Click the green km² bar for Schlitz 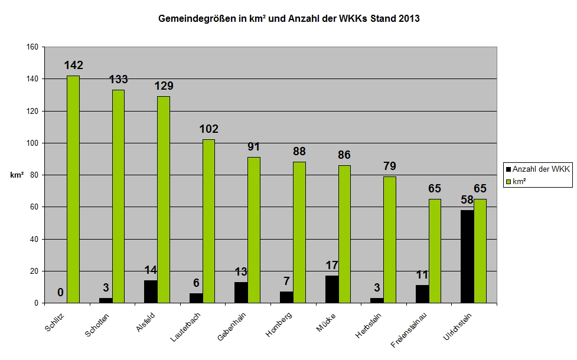point(73,189)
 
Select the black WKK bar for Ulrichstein point(467,257)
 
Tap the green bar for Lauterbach point(209,221)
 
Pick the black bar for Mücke point(331,289)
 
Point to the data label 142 point(74,66)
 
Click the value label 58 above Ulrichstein point(467,200)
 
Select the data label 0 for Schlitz point(60,292)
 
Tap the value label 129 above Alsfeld point(164,86)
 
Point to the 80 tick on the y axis point(32,175)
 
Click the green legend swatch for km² point(508,181)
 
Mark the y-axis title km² point(17,175)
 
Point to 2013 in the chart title point(409,19)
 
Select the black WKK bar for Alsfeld point(151,292)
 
